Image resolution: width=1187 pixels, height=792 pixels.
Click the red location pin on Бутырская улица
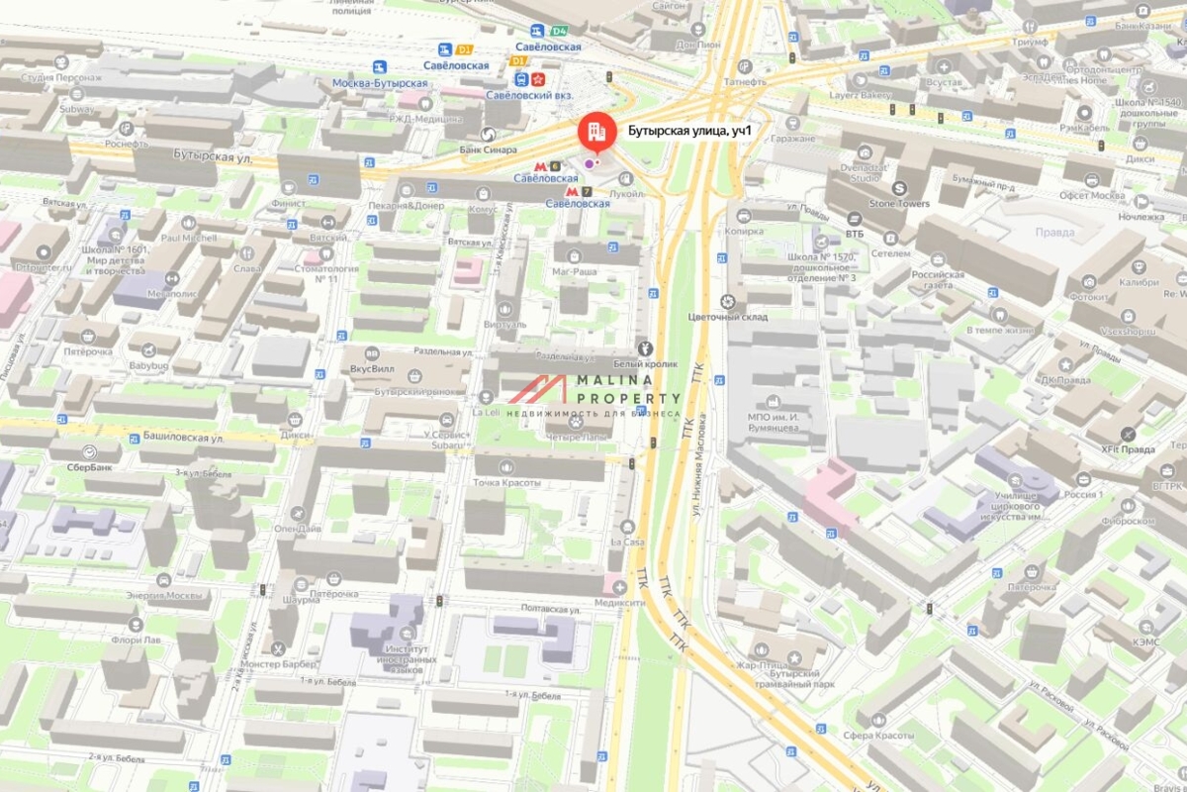click(593, 131)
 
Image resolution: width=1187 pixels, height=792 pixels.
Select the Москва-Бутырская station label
click(380, 83)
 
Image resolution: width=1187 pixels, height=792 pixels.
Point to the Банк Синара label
click(489, 149)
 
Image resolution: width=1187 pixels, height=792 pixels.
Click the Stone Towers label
click(900, 203)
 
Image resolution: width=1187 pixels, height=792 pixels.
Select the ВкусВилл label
click(372, 368)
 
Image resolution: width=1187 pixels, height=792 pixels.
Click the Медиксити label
click(620, 601)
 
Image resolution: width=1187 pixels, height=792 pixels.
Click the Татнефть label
click(744, 82)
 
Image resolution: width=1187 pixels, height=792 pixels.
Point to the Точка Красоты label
click(506, 482)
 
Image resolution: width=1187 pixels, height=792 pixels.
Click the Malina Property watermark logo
click(593, 394)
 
